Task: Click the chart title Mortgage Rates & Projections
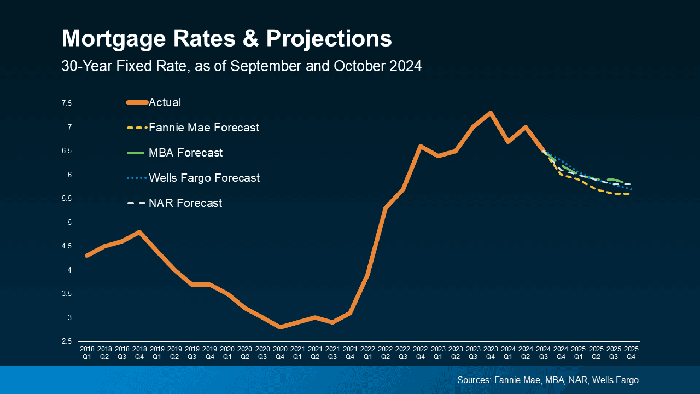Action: coord(226,39)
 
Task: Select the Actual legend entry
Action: coord(165,102)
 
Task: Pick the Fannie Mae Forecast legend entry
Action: coord(203,128)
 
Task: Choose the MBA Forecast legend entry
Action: coord(185,153)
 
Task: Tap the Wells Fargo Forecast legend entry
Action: coord(204,178)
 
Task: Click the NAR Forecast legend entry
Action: coord(185,203)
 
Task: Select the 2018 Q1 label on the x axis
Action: coord(87,352)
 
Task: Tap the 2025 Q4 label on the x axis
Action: coord(631,352)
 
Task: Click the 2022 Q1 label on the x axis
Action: coord(367,352)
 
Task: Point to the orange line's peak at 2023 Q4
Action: coord(491,113)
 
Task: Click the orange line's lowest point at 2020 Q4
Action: coord(280,327)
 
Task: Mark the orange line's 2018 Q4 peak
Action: coord(140,232)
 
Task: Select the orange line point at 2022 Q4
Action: coord(420,146)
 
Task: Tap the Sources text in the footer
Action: coord(547,380)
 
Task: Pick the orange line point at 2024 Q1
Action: coord(508,142)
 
